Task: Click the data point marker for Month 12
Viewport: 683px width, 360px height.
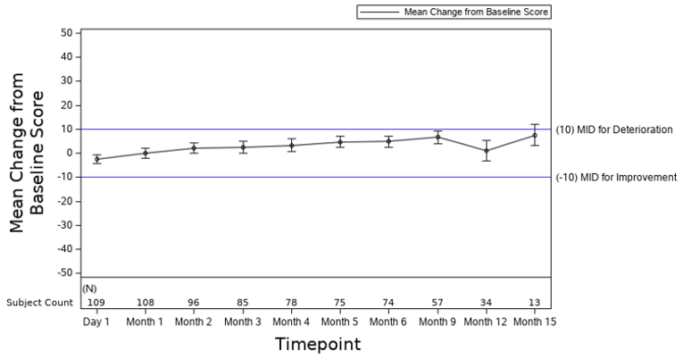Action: (486, 150)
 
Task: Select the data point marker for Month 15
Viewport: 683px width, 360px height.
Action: (534, 135)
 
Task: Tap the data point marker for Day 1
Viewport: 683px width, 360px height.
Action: (96, 159)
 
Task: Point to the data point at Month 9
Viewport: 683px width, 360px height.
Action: (437, 137)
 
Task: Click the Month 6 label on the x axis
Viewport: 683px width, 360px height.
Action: (388, 322)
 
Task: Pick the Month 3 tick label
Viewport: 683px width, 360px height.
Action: (243, 322)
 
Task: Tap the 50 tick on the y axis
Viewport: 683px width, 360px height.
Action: (65, 33)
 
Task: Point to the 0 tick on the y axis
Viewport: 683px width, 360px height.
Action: (68, 153)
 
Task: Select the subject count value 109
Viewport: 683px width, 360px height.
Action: (96, 303)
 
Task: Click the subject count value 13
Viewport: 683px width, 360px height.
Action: (534, 303)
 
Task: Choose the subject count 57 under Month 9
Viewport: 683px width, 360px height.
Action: (437, 303)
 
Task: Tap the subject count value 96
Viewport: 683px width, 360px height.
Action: (194, 303)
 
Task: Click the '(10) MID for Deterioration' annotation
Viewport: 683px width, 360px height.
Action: (613, 130)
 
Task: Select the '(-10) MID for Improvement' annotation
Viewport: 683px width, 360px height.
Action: (615, 177)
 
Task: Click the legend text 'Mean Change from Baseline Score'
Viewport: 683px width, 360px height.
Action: (476, 13)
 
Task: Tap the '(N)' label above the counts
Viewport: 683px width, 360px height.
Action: (89, 289)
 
